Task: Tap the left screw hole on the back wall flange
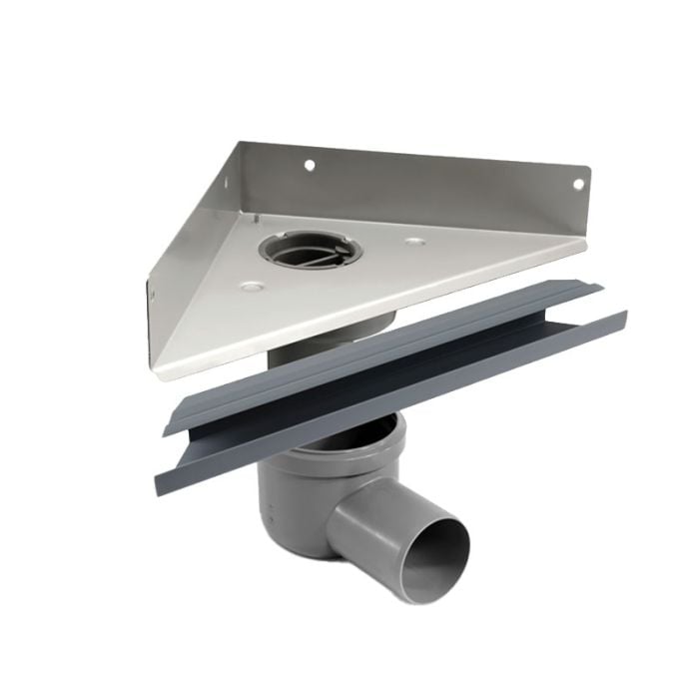[x=310, y=165]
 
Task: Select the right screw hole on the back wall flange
[x=576, y=184]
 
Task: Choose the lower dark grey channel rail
[x=399, y=399]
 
